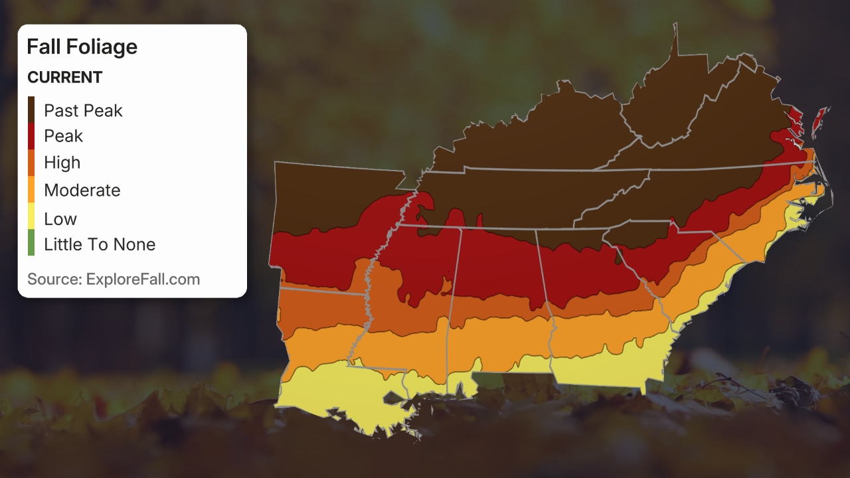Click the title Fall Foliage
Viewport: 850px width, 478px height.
point(82,46)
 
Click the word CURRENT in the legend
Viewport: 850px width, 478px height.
point(64,78)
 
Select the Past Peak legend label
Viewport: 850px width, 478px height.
point(83,110)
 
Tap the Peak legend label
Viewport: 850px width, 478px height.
point(63,136)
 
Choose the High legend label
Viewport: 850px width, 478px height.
point(62,163)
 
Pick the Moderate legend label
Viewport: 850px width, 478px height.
point(82,191)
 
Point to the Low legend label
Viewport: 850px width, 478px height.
point(60,218)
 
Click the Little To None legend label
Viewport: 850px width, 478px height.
point(99,244)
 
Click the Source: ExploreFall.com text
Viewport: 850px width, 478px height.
point(114,279)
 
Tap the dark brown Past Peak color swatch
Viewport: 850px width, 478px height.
point(31,110)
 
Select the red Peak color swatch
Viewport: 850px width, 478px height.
point(31,136)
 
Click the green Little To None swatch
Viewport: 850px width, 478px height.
point(31,244)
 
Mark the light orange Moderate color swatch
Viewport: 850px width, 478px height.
point(31,190)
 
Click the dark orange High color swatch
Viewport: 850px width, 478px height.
point(31,163)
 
